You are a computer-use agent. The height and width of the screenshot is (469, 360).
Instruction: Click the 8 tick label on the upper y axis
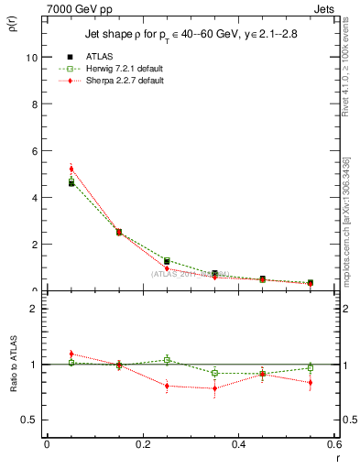click(x=35, y=104)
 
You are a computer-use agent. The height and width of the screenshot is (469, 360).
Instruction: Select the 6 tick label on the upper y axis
click(x=35, y=150)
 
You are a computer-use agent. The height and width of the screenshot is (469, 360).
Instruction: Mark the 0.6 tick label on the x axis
click(x=334, y=444)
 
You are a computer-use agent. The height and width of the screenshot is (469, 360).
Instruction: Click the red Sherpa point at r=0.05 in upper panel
click(x=71, y=169)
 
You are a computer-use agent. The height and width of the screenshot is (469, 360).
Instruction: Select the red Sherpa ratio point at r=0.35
click(x=214, y=388)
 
